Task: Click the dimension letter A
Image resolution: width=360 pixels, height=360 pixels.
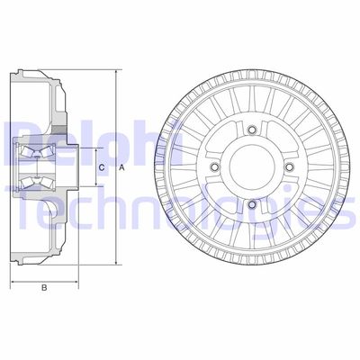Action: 121,168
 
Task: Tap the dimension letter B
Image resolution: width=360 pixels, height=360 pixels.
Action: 43,288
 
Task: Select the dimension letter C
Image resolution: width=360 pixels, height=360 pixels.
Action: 101,168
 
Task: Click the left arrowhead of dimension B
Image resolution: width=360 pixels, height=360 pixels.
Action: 13,280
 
